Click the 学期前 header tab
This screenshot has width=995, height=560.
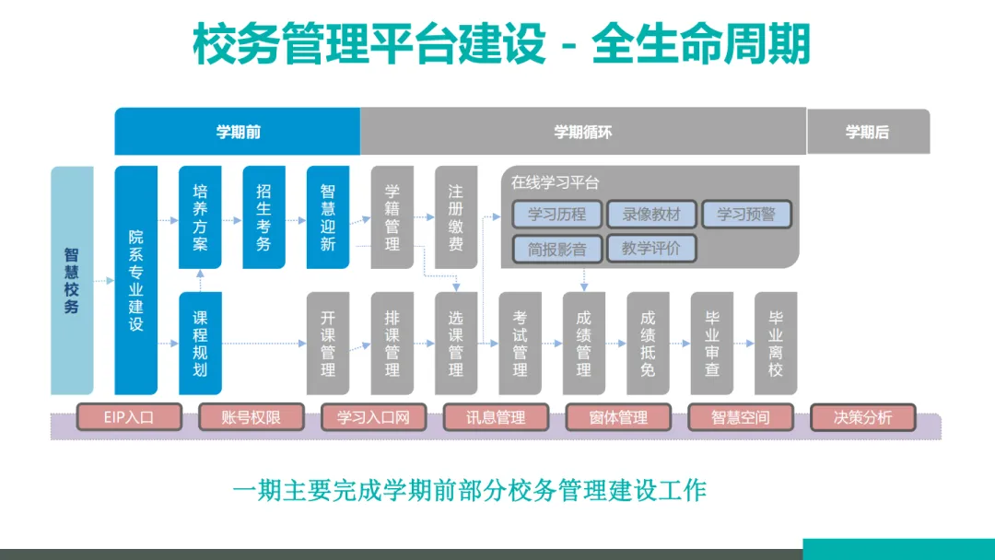tap(238, 132)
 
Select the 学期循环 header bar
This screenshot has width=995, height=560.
tap(582, 132)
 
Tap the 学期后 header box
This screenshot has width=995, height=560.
tap(868, 132)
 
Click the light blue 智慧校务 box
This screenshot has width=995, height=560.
tap(72, 280)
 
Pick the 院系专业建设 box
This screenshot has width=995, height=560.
tap(135, 280)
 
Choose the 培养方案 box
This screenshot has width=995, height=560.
tap(200, 217)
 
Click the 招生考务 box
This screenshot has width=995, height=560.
tap(263, 217)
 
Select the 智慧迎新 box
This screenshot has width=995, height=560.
tap(328, 217)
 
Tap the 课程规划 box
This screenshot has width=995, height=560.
tap(200, 343)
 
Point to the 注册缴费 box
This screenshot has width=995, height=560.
tap(456, 217)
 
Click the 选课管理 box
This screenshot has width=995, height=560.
tap(456, 343)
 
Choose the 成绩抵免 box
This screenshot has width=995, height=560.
tap(648, 343)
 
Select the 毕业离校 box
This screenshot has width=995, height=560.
tap(776, 343)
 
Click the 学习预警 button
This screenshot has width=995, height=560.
tap(746, 215)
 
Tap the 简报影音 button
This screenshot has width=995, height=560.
tap(558, 249)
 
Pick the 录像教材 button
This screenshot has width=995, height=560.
tap(651, 215)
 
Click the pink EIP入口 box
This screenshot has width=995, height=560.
tap(115, 417)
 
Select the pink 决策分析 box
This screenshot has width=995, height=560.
tap(863, 417)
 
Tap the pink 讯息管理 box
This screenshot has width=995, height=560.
tap(497, 417)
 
